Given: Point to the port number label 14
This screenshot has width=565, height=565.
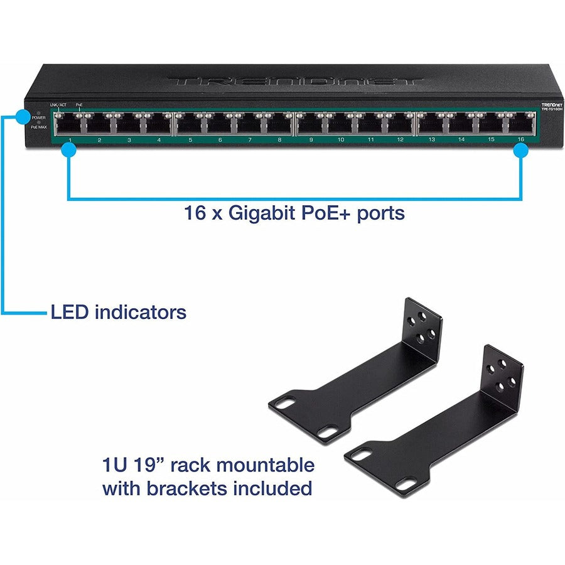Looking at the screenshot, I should click(461, 139).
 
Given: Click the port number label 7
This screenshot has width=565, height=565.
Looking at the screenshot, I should click(249, 139).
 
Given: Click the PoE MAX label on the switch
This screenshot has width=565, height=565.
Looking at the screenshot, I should click(38, 127).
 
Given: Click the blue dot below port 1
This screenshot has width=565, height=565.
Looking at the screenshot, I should click(68, 150).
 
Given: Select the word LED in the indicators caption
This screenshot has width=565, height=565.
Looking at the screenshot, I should click(70, 311).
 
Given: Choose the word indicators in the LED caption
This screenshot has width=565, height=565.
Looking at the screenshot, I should click(140, 311).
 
